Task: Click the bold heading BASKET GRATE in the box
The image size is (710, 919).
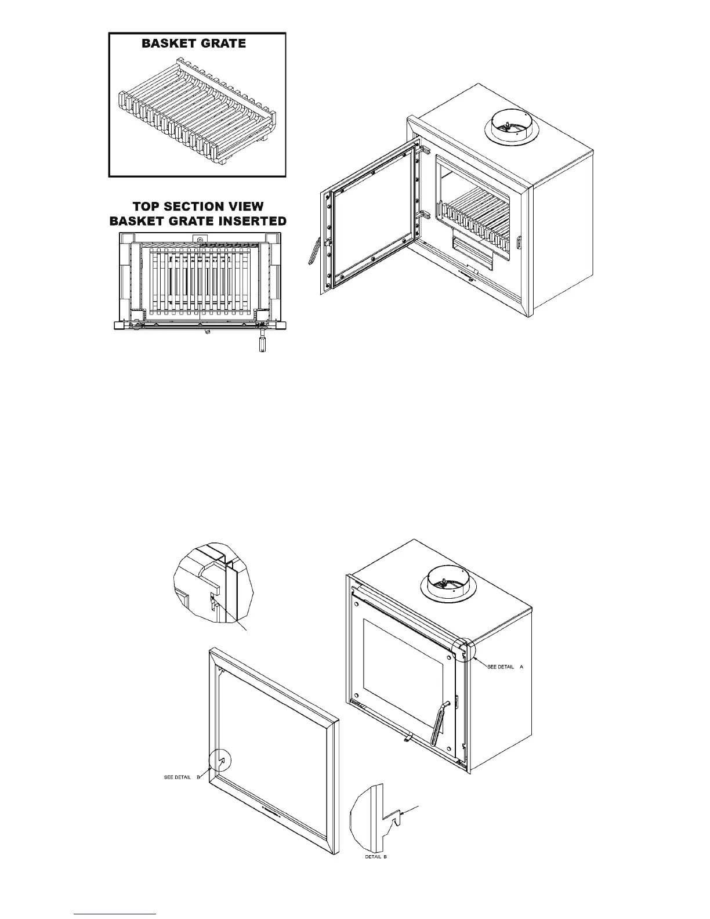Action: pos(194,44)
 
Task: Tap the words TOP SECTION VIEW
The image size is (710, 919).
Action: pos(198,207)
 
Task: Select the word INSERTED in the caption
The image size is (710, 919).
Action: pos(250,221)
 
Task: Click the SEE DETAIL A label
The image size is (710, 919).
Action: pos(505,667)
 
